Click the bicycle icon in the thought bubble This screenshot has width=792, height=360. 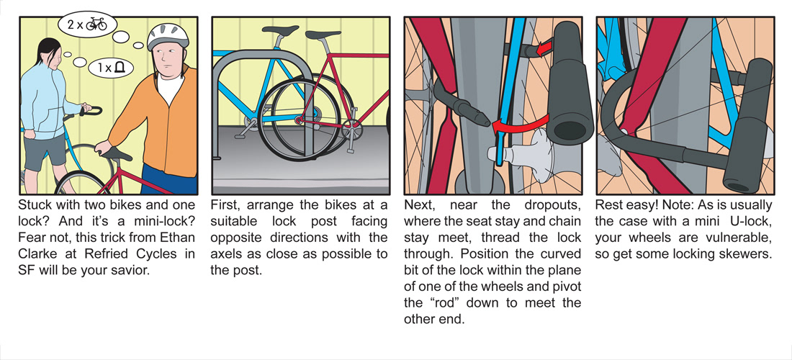[x=96, y=24]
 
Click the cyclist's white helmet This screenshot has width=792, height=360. [x=168, y=35]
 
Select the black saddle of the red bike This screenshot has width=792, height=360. [x=115, y=153]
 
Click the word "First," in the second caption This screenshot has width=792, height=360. [x=226, y=204]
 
